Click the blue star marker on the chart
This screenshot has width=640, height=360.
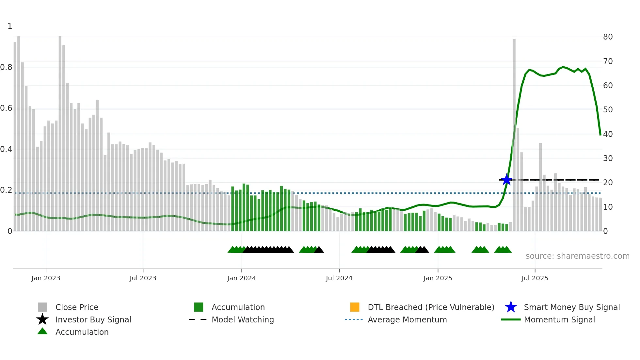tap(506, 180)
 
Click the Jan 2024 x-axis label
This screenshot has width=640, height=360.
tap(241, 278)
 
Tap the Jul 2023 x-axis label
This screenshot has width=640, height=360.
tap(143, 278)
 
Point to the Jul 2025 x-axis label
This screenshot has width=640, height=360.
tap(535, 278)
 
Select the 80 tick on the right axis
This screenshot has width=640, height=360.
tap(608, 37)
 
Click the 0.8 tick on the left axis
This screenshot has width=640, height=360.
tap(6, 67)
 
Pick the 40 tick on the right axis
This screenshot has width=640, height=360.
tap(608, 134)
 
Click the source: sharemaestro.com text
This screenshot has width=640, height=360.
tap(577, 256)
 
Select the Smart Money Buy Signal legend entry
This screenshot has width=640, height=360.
tap(571, 307)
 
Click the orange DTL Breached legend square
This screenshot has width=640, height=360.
tap(355, 307)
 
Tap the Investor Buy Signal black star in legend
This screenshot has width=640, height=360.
tap(42, 319)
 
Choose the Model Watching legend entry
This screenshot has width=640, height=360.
tap(242, 319)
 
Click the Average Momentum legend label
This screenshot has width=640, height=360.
tap(407, 319)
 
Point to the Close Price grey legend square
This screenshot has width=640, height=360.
tap(42, 307)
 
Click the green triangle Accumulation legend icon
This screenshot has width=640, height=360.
tap(42, 332)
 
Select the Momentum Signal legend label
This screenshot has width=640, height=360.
tap(559, 319)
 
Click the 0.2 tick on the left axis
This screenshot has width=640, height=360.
tap(6, 190)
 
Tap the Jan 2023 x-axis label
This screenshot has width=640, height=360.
tap(46, 278)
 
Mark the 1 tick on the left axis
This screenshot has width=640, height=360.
tap(10, 26)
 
